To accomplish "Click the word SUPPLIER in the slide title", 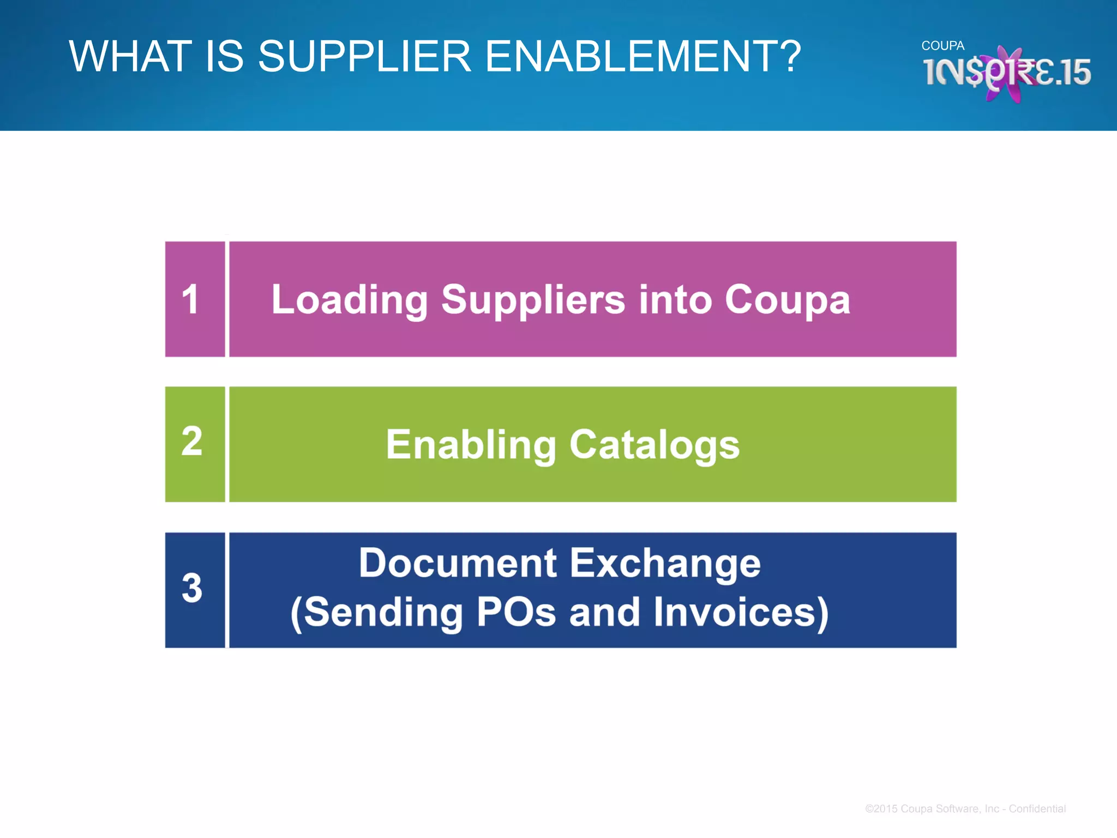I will [364, 56].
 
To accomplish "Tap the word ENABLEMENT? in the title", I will [643, 56].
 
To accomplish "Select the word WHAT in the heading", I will [130, 56].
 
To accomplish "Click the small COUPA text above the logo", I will [942, 46].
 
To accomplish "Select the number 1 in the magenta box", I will [190, 300].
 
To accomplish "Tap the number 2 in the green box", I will [192, 441].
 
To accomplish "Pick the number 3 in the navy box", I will [192, 589].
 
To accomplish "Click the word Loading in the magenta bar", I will [350, 300].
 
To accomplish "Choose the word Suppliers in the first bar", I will [533, 300].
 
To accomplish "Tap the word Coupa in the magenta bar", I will [787, 300].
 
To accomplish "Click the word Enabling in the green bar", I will [471, 445].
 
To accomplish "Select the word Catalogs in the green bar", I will [654, 445].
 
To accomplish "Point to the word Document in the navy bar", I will [458, 563].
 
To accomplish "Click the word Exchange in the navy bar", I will [665, 563].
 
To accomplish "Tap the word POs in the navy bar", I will [516, 612].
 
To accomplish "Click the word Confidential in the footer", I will [1037, 809].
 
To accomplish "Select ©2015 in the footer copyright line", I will [881, 809].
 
